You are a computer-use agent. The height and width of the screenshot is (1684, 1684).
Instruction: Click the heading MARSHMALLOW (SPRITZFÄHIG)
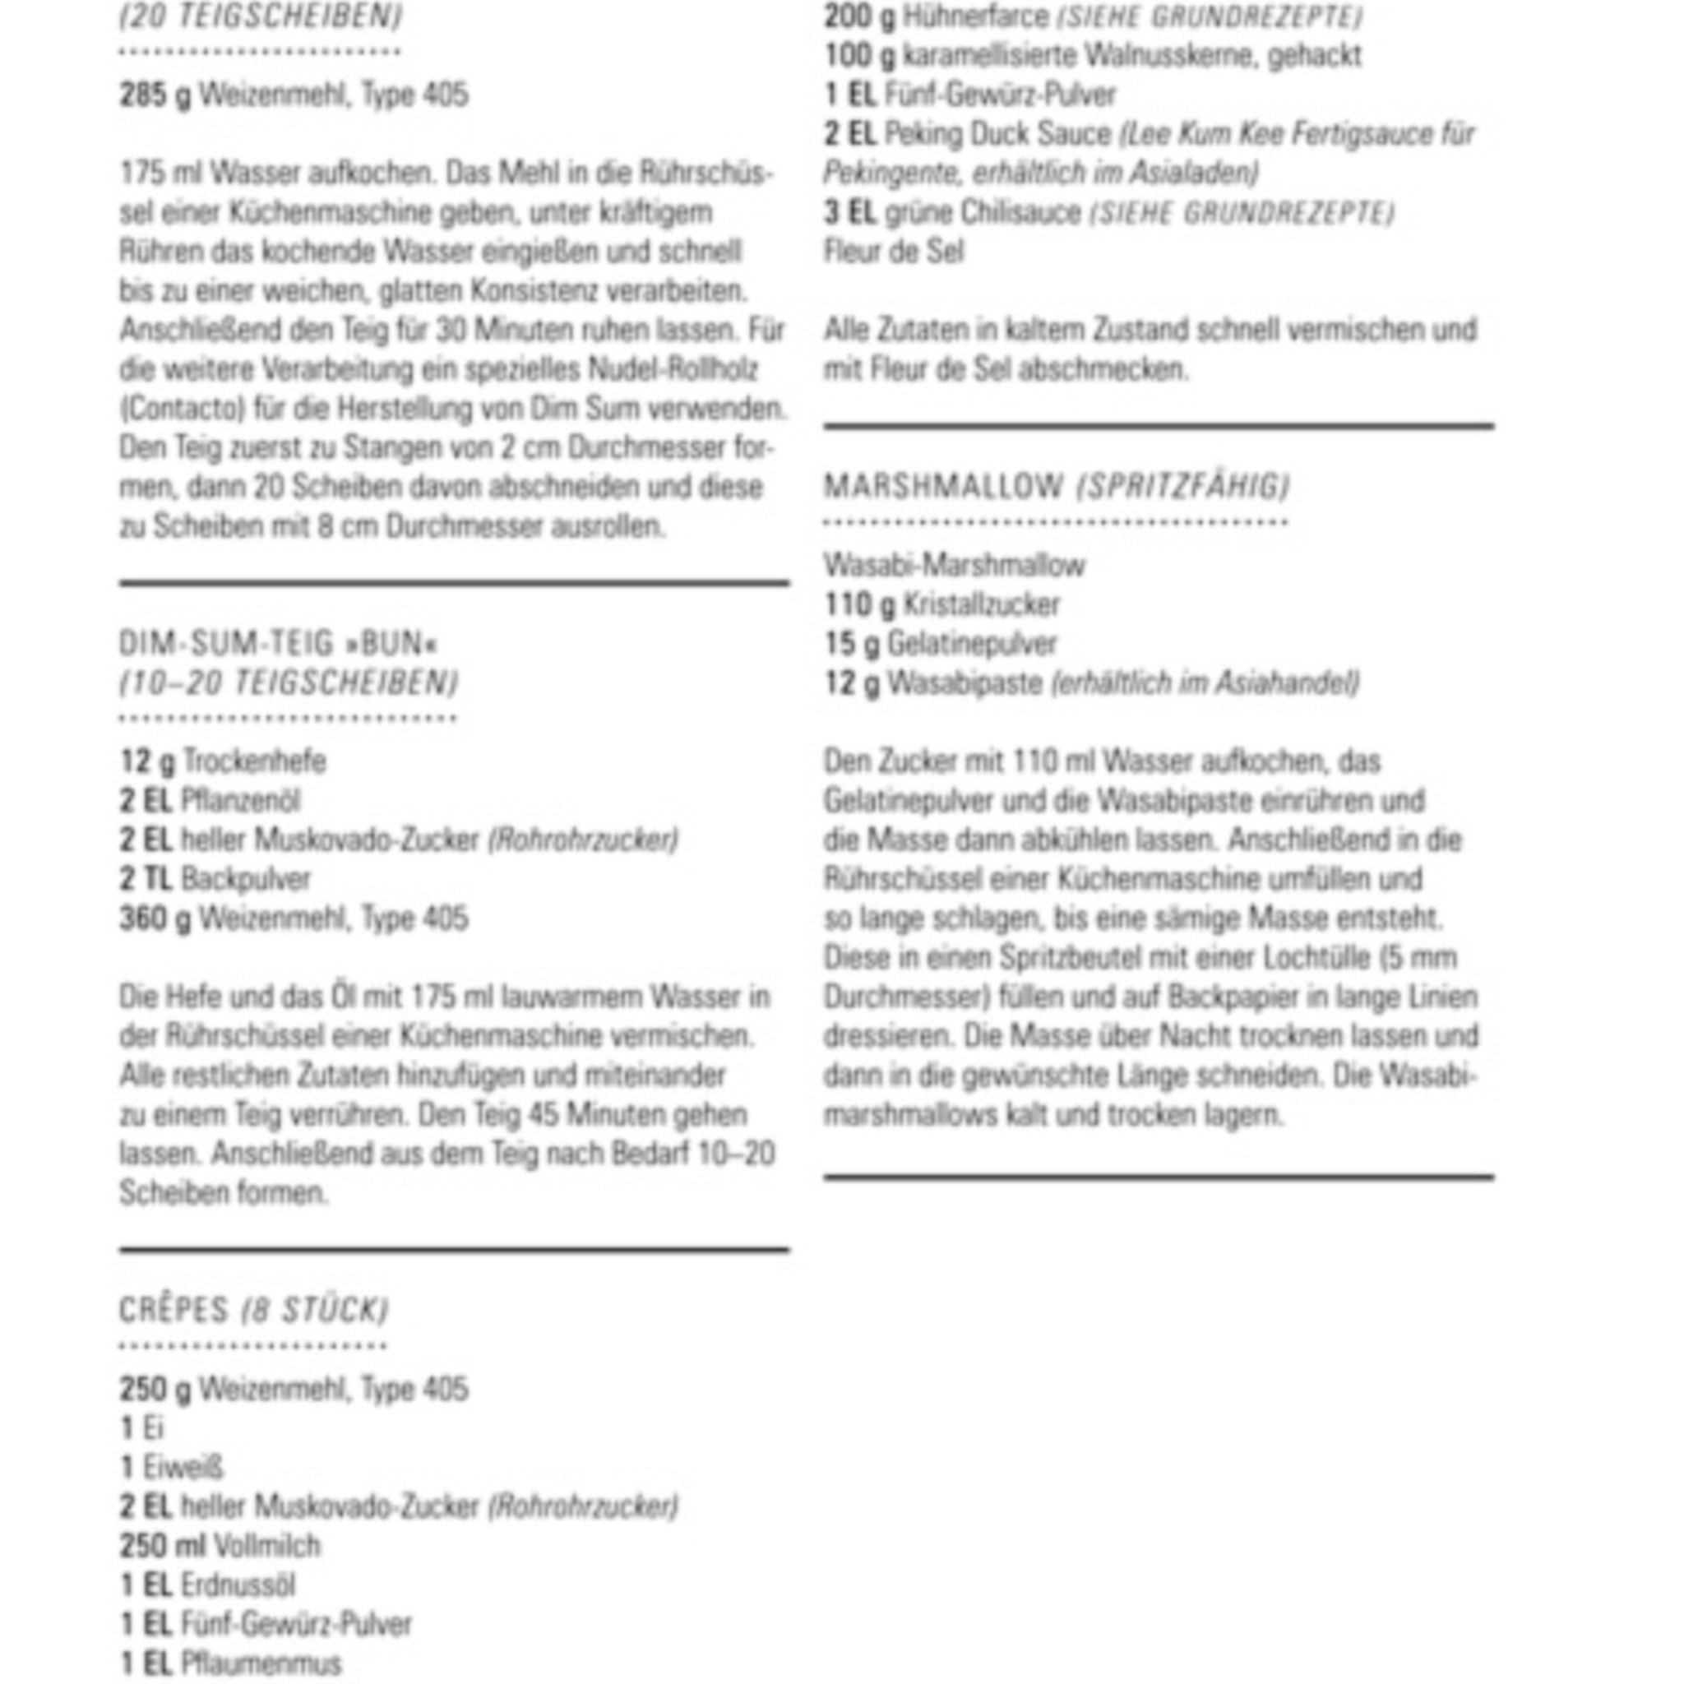click(1056, 485)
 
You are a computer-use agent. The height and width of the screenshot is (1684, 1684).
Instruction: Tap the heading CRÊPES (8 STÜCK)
click(253, 1310)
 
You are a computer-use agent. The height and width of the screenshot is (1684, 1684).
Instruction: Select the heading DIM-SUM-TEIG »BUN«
click(278, 643)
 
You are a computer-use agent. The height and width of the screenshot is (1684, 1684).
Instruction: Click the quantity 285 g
click(155, 94)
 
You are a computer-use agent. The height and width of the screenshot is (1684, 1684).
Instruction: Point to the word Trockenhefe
click(255, 761)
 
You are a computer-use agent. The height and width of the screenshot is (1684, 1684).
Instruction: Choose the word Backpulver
click(246, 879)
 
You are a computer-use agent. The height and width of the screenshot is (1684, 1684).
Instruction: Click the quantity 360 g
click(155, 918)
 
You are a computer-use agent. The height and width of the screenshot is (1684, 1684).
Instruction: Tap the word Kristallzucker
click(982, 604)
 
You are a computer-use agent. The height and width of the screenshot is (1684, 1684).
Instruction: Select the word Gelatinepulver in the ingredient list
click(972, 643)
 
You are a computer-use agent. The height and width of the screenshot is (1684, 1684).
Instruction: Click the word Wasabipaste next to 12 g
click(965, 682)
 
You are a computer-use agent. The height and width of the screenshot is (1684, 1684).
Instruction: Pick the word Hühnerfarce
click(975, 16)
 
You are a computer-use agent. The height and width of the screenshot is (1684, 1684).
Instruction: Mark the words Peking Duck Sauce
click(998, 133)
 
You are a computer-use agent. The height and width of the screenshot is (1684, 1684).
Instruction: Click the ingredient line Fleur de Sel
click(894, 251)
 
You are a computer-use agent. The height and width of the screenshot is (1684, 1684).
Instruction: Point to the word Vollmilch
click(266, 1545)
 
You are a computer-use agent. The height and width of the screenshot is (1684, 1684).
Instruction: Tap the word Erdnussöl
click(238, 1585)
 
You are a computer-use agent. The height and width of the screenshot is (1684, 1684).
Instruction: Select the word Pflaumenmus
click(261, 1663)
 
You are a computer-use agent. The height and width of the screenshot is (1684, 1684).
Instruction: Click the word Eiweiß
click(183, 1467)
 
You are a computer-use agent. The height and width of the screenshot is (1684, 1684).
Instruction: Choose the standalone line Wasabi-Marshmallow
click(954, 565)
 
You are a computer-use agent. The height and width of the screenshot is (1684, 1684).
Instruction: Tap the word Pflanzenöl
click(240, 800)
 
